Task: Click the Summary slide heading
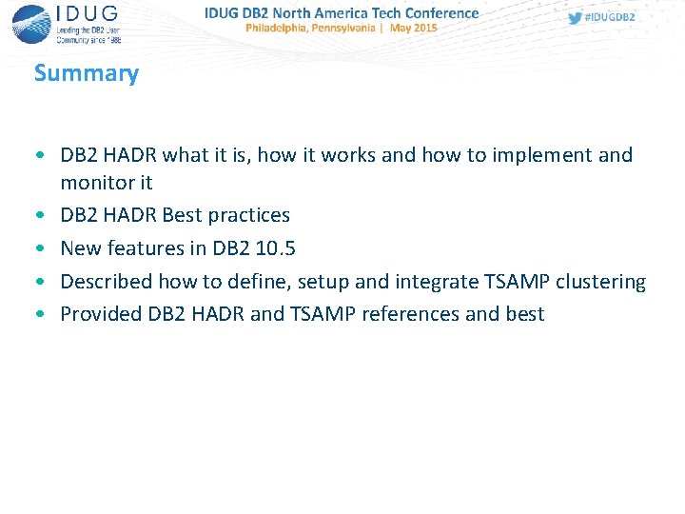tap(86, 73)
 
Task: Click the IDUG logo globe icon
tap(31, 23)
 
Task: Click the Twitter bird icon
tap(575, 18)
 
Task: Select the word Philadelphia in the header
tap(283, 29)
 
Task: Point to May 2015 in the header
tap(413, 29)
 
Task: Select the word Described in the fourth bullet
tap(106, 282)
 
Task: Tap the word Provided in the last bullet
tap(101, 314)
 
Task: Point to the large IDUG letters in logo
tap(88, 14)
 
